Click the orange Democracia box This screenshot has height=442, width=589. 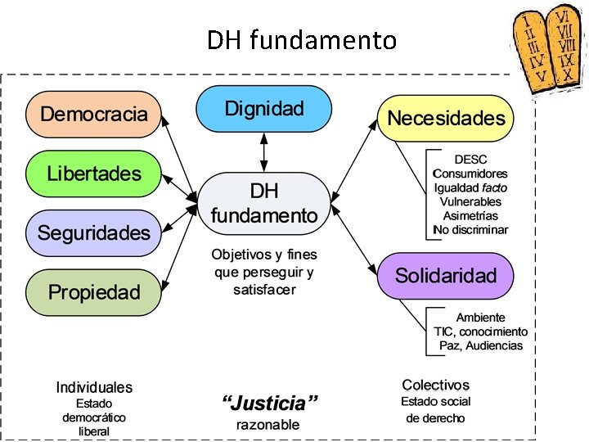94,115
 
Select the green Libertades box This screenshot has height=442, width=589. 94,174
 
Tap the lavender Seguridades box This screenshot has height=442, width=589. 94,233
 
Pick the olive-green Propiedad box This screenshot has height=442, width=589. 94,292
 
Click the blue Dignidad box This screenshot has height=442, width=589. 263,109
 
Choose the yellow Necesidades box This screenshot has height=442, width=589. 446,119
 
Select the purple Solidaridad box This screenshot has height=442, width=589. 446,276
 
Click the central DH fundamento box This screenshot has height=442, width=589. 263,204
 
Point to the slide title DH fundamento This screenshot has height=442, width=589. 301,39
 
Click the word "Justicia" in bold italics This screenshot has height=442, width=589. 270,403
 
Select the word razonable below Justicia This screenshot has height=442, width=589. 268,425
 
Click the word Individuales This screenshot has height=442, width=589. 94,387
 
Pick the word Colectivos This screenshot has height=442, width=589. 436,385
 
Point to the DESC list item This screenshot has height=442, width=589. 470,160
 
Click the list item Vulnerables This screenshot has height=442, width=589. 470,201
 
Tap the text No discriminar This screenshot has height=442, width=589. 470,229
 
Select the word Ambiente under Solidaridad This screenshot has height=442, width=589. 480,318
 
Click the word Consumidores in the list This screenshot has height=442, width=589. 470,174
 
